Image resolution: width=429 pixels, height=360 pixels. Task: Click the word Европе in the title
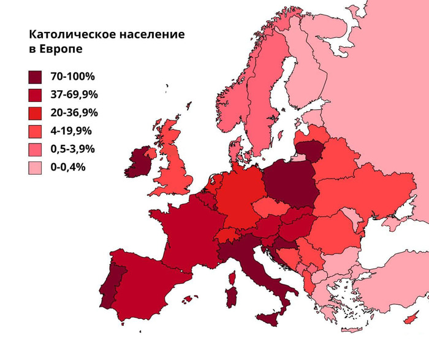tap(61, 50)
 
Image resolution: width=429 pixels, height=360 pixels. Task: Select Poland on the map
tap(290, 184)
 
